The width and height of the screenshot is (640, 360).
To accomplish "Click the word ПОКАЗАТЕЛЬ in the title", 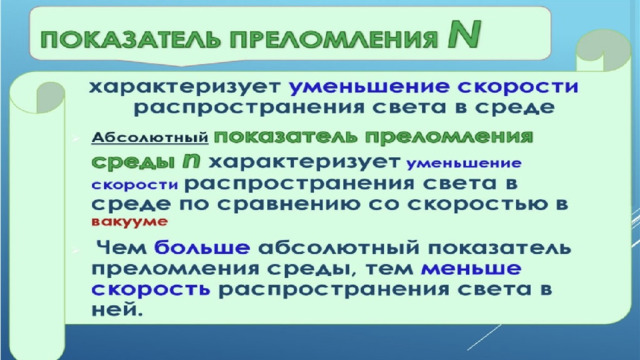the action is tap(131, 40).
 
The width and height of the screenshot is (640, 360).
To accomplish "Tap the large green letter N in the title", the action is tap(464, 34).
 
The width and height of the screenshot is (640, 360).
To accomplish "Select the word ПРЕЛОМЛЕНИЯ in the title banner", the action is tap(333, 40).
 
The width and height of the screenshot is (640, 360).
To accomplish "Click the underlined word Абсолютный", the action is tap(150, 138).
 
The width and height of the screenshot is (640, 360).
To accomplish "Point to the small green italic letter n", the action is tap(191, 161).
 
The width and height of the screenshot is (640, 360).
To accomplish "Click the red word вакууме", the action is tap(129, 222).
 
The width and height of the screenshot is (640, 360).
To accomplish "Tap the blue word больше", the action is tap(202, 247).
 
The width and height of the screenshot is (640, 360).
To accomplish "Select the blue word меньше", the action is tap(471, 269).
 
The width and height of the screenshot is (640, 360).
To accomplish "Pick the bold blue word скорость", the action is tap(151, 289).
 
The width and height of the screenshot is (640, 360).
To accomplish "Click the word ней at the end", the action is tap(117, 310).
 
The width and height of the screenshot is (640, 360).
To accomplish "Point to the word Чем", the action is tap(122, 247).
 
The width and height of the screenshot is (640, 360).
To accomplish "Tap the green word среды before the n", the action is tap(131, 162).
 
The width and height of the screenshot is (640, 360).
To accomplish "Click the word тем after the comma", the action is tap(389, 269).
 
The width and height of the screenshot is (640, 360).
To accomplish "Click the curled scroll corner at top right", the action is tap(603, 50).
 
